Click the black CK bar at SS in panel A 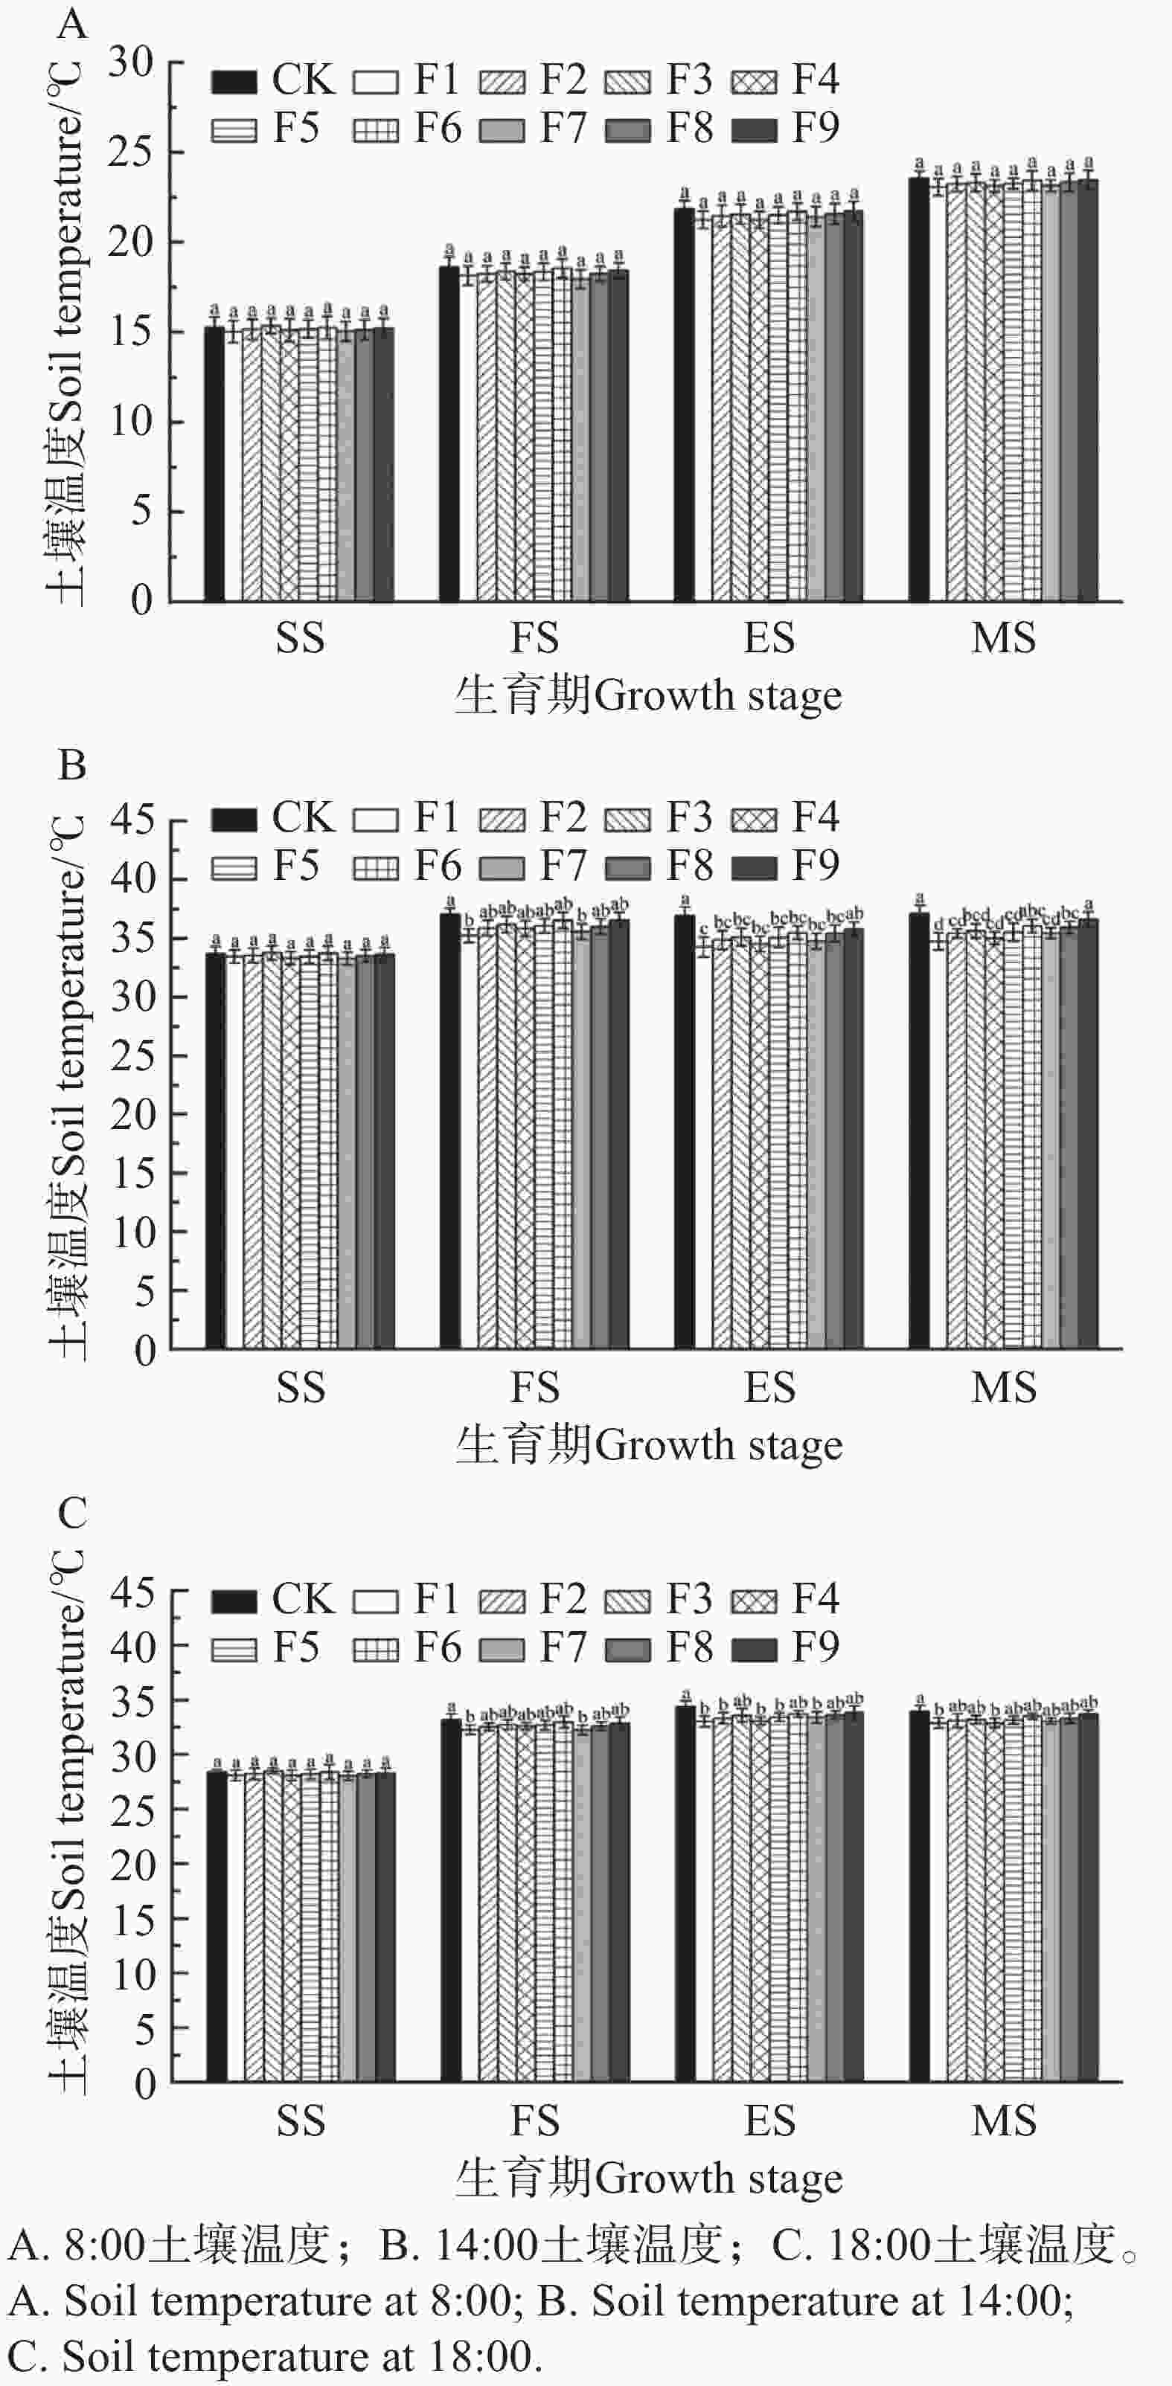pyautogui.click(x=214, y=463)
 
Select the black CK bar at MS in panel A pyautogui.click(x=918, y=389)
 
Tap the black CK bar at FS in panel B pyautogui.click(x=449, y=1130)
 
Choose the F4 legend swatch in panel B pyautogui.click(x=754, y=820)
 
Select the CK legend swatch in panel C pyautogui.click(x=234, y=1601)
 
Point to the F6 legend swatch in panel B pyautogui.click(x=375, y=868)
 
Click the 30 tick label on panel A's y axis pyautogui.click(x=131, y=63)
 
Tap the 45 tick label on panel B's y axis pyautogui.click(x=132, y=820)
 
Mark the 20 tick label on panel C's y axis pyautogui.click(x=132, y=1865)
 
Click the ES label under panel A pyautogui.click(x=769, y=638)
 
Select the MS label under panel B pyautogui.click(x=1003, y=1386)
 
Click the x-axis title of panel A pyautogui.click(x=649, y=695)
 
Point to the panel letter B pyautogui.click(x=72, y=766)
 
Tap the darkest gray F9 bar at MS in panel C pyautogui.click(x=1088, y=1899)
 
